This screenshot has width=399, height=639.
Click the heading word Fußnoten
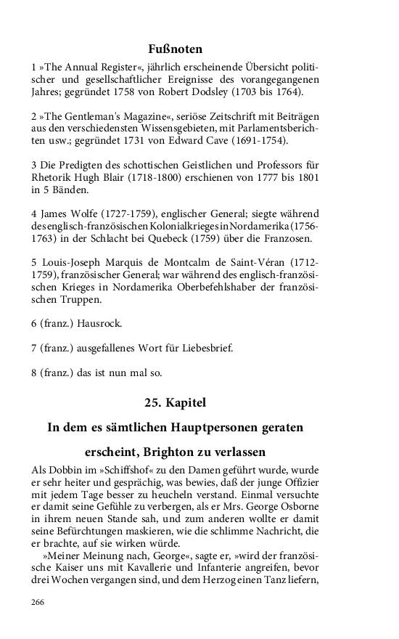point(175,49)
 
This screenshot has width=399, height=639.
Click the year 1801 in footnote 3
point(303,176)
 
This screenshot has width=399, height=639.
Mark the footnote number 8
point(33,373)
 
